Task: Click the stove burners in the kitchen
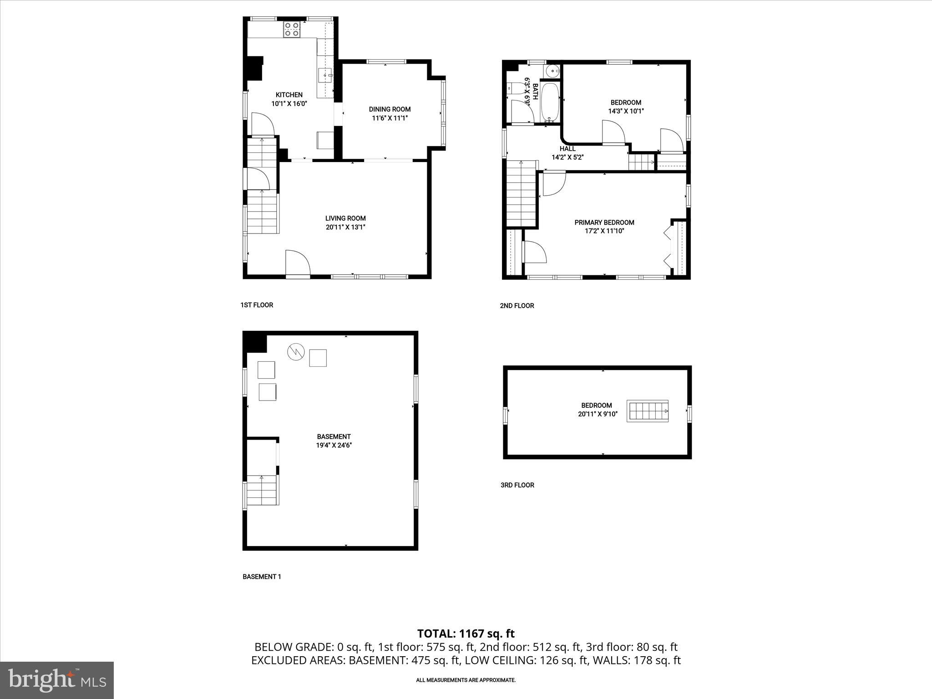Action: click(292, 30)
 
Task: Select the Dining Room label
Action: click(390, 109)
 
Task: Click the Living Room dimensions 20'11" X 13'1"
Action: click(345, 227)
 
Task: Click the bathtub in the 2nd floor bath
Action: click(550, 103)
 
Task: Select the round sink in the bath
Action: click(553, 71)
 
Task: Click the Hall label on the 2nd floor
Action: click(567, 149)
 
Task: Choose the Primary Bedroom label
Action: click(604, 223)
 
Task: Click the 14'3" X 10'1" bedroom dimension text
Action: click(626, 111)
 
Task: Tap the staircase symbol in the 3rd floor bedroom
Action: click(647, 411)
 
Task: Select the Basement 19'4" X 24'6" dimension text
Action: click(334, 446)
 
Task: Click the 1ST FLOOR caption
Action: click(257, 305)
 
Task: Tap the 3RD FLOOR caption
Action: click(517, 485)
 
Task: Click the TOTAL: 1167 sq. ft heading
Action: click(466, 633)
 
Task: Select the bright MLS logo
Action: click(57, 680)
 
